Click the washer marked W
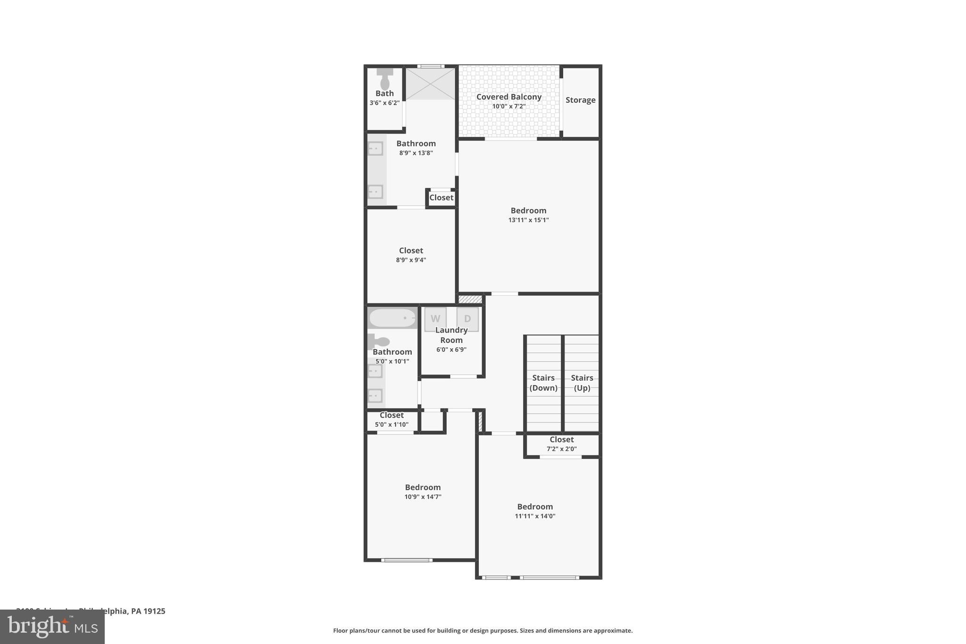click(x=435, y=319)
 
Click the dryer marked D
click(x=467, y=319)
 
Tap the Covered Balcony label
click(x=508, y=97)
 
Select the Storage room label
click(x=580, y=100)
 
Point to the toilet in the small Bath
click(x=385, y=79)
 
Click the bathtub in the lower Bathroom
click(x=392, y=318)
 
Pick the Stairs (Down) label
click(x=543, y=383)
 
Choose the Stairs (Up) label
click(x=582, y=383)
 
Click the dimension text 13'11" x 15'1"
click(x=528, y=220)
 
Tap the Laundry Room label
click(x=451, y=335)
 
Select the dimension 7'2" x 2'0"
click(x=561, y=449)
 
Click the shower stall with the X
click(x=430, y=84)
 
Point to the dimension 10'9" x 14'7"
click(x=423, y=497)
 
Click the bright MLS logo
click(x=52, y=627)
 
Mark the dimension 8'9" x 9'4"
click(x=411, y=260)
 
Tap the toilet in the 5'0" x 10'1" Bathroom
click(x=379, y=341)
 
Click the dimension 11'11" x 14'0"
click(x=535, y=516)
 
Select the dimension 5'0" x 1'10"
click(x=391, y=425)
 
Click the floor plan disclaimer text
click(x=483, y=631)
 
